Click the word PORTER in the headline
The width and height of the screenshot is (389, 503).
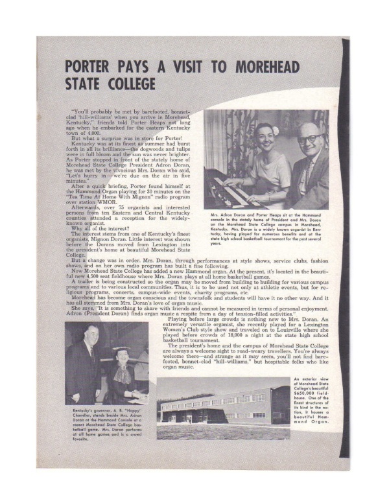point(97,67)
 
